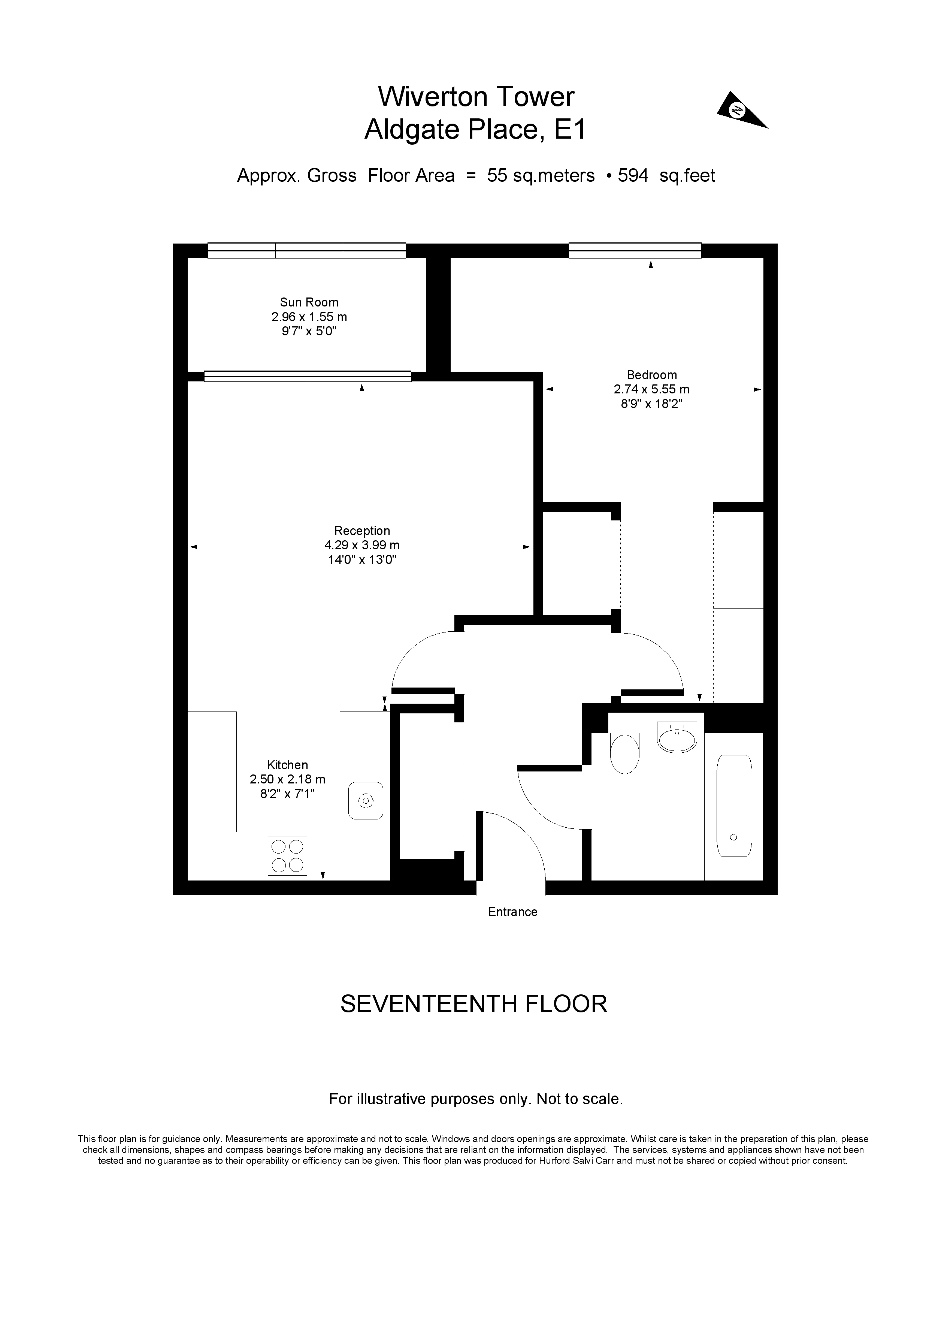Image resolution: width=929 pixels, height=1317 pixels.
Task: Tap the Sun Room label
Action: pos(309,302)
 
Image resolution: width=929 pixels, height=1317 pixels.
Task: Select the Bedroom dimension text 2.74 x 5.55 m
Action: pos(651,389)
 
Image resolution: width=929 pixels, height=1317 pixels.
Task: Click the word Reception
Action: pos(362,531)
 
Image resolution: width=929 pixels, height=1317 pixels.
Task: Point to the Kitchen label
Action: pos(287,765)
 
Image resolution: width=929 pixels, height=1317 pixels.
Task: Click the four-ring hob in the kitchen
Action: pos(287,856)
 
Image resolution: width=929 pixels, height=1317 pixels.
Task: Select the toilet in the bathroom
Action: pos(624,753)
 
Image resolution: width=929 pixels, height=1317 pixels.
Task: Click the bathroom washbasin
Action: pos(677,738)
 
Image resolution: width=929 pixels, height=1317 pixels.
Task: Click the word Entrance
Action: pos(513,912)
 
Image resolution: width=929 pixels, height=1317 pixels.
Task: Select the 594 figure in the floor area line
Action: pos(633,175)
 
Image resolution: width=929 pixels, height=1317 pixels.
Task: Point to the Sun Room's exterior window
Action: pos(307,251)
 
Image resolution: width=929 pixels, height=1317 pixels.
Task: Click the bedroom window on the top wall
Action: pos(635,251)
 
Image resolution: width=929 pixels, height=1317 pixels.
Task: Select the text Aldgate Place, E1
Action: pos(475,130)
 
